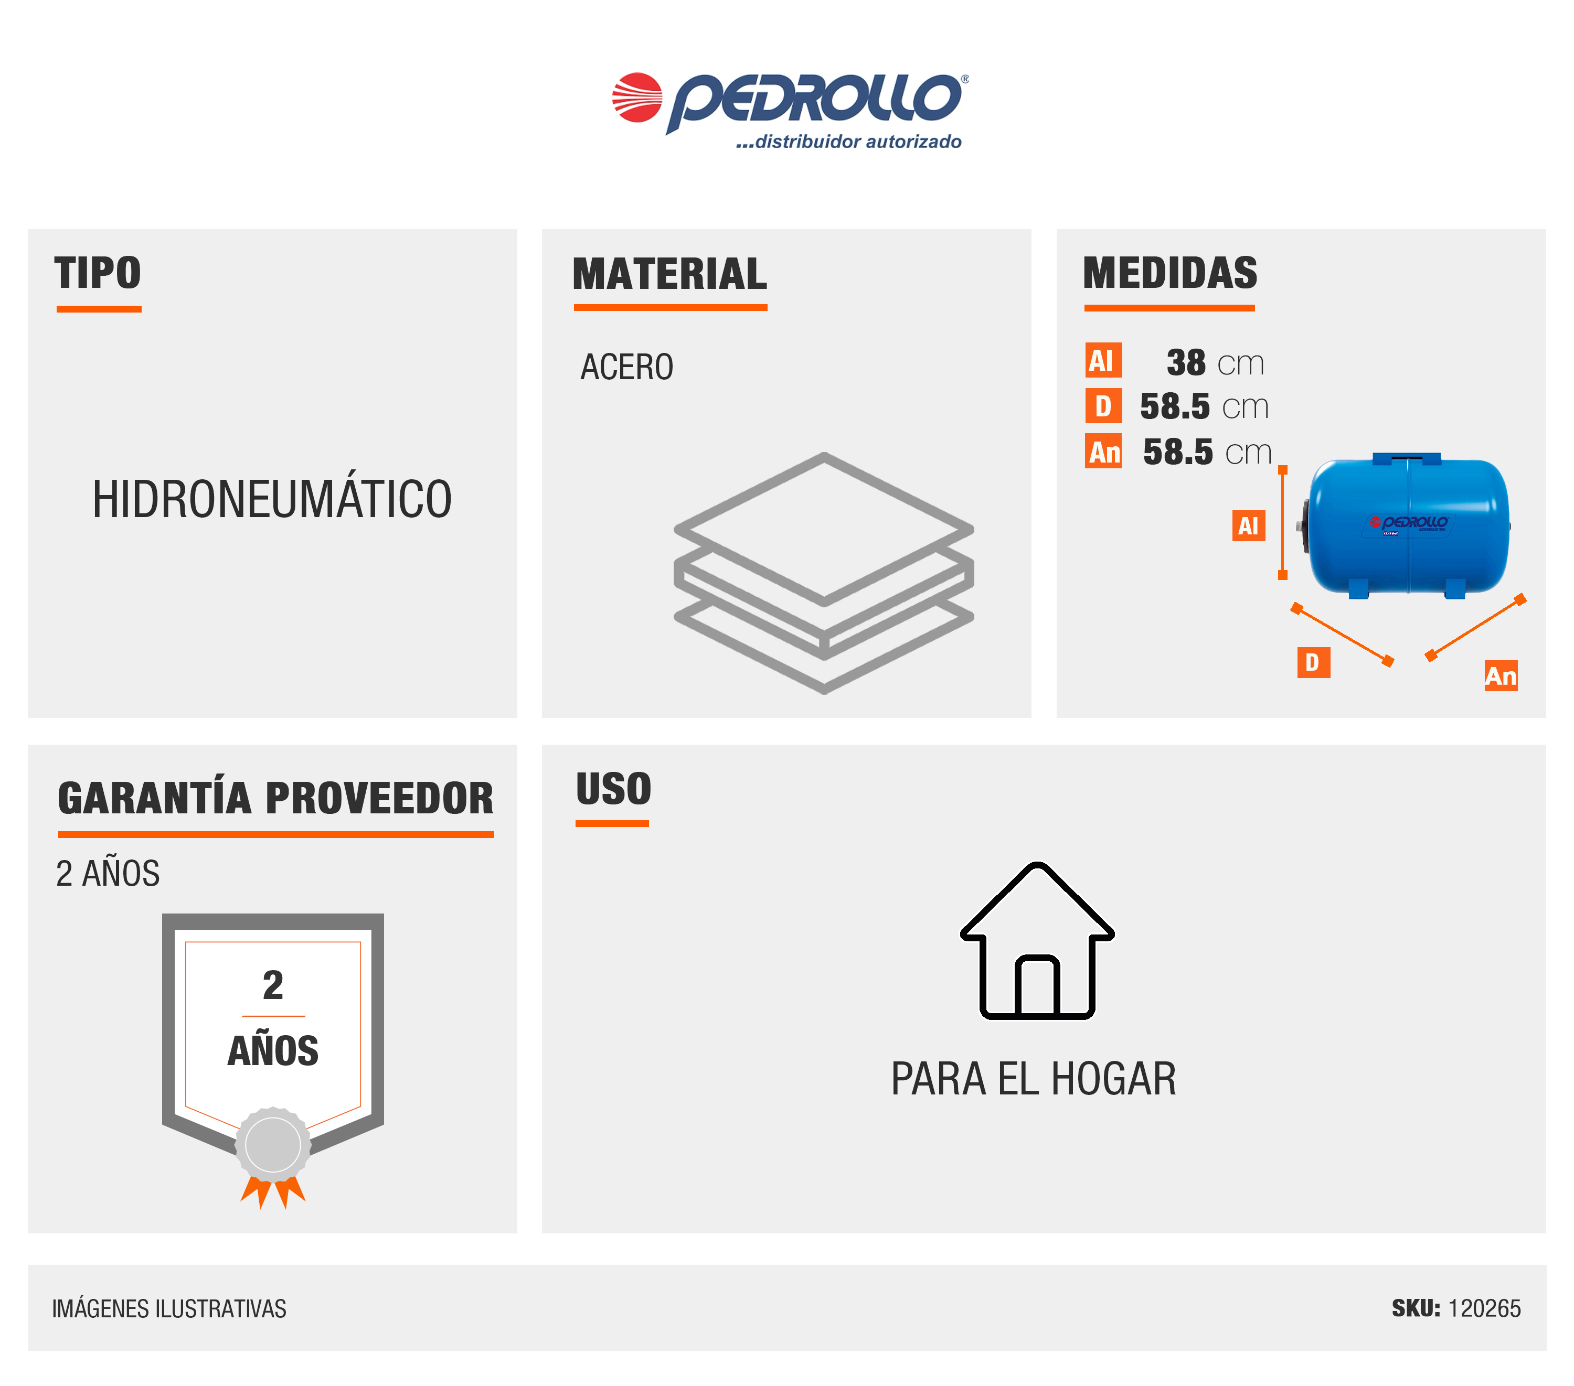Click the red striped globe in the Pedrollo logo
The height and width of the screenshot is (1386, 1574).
pos(637,98)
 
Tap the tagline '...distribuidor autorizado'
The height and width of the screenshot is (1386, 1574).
pos(848,142)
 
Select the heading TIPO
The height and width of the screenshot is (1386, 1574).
pos(98,273)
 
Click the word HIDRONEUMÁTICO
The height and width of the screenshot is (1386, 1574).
pos(272,499)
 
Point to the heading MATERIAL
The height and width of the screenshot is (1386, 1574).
pos(670,274)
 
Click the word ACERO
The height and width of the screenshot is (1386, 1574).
pos(627,367)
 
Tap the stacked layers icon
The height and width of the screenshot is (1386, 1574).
pos(824,573)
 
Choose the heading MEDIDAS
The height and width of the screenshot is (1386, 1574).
pos(1169,273)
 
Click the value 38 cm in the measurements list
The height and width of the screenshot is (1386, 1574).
pos(1215,362)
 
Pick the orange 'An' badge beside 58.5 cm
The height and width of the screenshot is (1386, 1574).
pos(1103,451)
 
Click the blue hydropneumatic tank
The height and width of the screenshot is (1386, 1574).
pos(1406,525)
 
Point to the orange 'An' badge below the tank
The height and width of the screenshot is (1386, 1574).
pos(1501,675)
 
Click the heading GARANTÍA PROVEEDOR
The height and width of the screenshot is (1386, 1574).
pos(275,798)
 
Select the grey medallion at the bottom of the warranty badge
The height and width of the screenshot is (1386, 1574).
pos(273,1144)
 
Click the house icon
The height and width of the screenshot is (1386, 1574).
pos(1037,940)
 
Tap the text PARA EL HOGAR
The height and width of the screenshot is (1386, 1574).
pos(1034,1078)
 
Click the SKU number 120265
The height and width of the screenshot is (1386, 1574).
pos(1484,1308)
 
